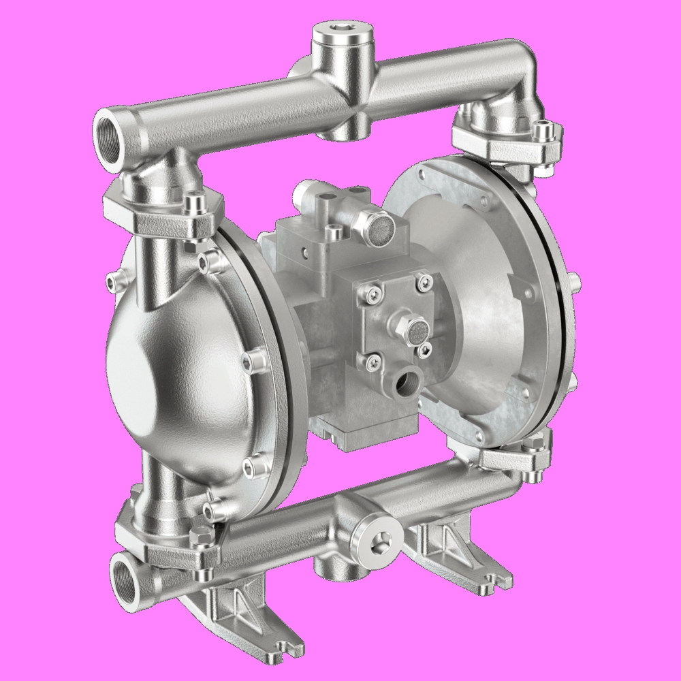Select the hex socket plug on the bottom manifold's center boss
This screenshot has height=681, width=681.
click(x=376, y=537)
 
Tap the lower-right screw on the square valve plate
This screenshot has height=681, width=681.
click(x=426, y=350)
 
